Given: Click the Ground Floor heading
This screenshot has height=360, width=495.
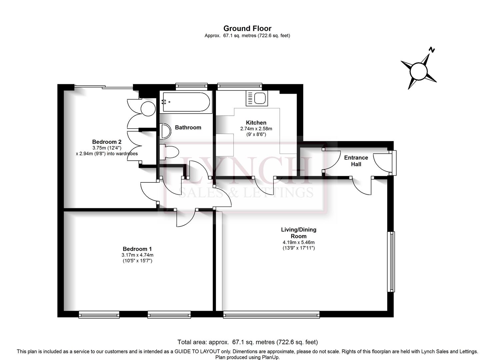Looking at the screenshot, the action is click(247, 29).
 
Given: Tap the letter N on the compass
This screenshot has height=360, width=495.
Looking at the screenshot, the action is click(432, 50).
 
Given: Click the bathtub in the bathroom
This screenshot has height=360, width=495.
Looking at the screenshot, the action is click(186, 102).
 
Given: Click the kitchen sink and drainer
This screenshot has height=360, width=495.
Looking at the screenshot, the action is click(257, 98).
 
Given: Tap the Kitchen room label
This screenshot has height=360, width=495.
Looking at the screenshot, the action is click(256, 123).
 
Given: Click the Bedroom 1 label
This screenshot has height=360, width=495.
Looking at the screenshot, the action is click(137, 249).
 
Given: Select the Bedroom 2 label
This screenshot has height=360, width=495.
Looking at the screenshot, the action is click(107, 142).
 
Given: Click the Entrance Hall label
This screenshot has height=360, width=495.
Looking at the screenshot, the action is click(356, 161).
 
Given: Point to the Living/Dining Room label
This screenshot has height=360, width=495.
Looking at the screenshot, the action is click(299, 233).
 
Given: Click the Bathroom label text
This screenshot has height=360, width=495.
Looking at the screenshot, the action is click(188, 128).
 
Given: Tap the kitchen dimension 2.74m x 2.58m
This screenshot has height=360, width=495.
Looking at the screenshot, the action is click(256, 129).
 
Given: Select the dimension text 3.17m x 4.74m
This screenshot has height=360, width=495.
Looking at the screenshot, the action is click(137, 255).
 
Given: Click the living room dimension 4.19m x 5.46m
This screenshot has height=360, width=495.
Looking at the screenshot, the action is click(299, 242).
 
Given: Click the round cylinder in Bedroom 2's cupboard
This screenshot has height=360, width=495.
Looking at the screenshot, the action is click(148, 109).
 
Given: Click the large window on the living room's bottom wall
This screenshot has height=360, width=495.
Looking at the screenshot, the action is click(271, 314).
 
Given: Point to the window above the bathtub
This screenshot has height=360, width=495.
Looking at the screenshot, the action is click(191, 87).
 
